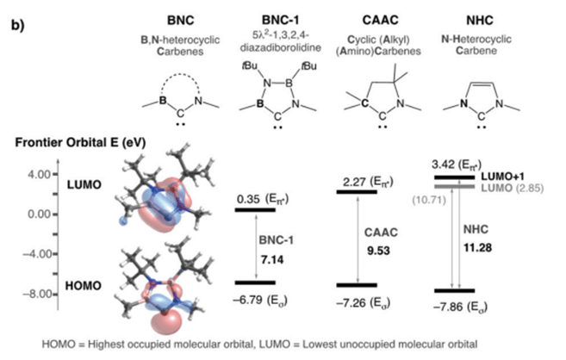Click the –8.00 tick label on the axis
37,295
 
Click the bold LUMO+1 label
520,176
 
